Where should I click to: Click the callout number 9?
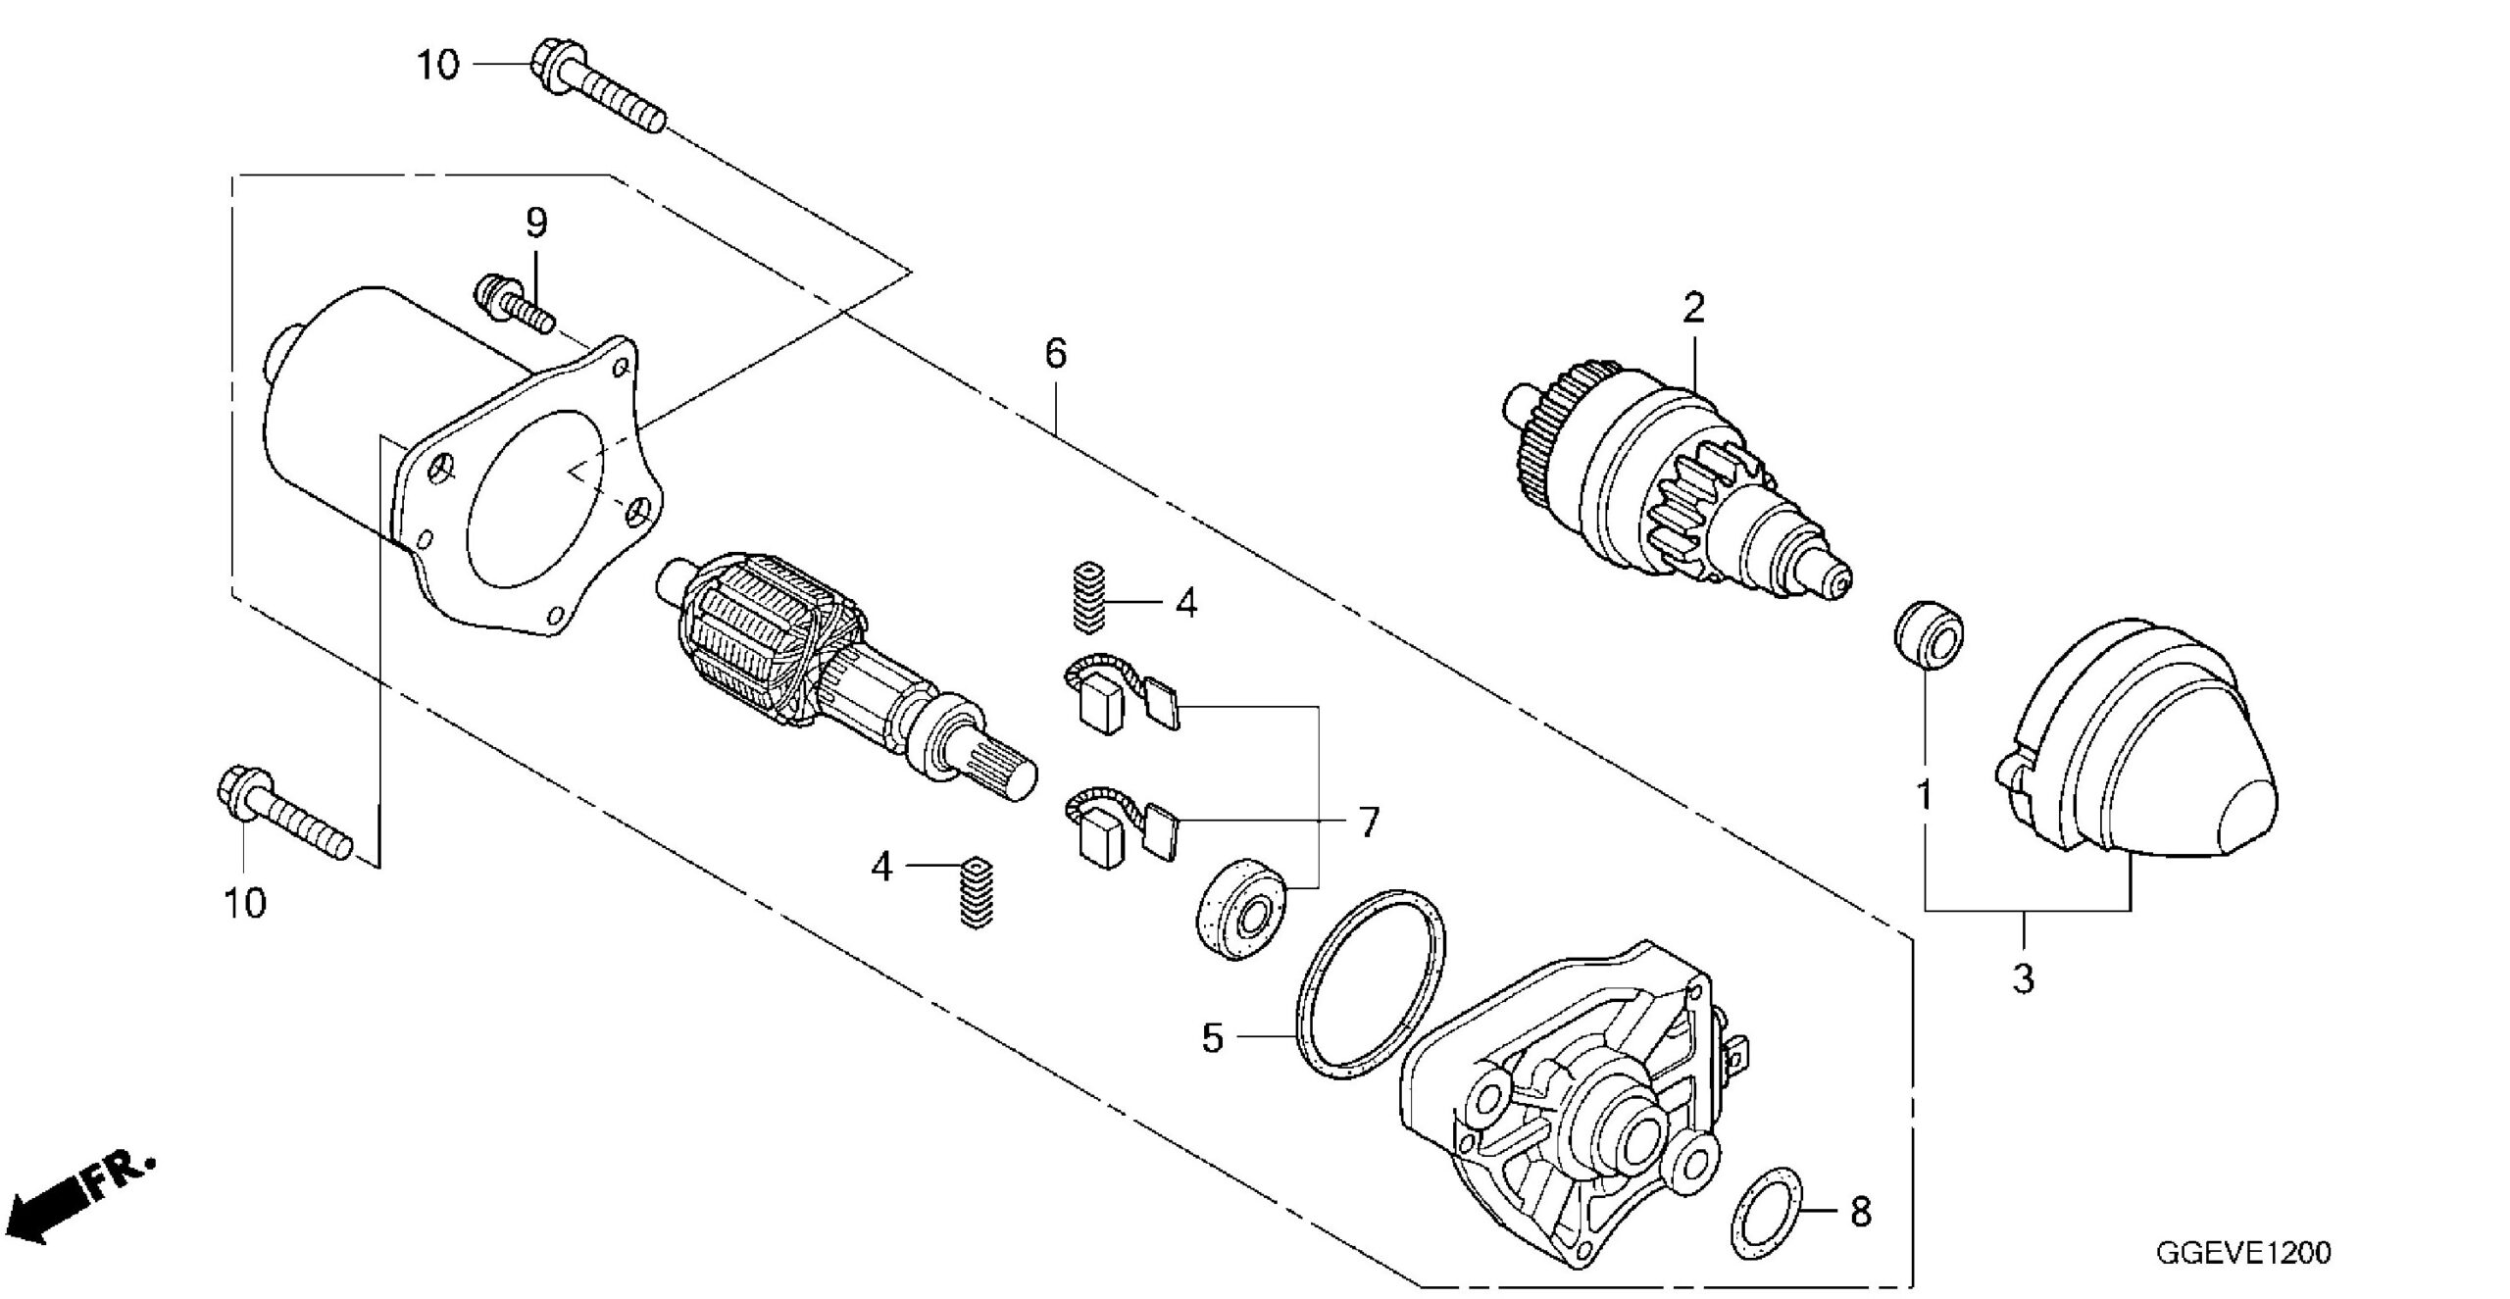[536, 225]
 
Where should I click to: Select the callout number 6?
[1055, 354]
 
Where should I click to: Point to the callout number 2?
[1693, 309]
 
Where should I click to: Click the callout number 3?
[2024, 978]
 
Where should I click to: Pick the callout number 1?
[1925, 796]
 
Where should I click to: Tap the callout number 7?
[1368, 823]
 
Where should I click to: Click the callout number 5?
[1213, 1038]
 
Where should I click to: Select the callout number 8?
[1860, 1213]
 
